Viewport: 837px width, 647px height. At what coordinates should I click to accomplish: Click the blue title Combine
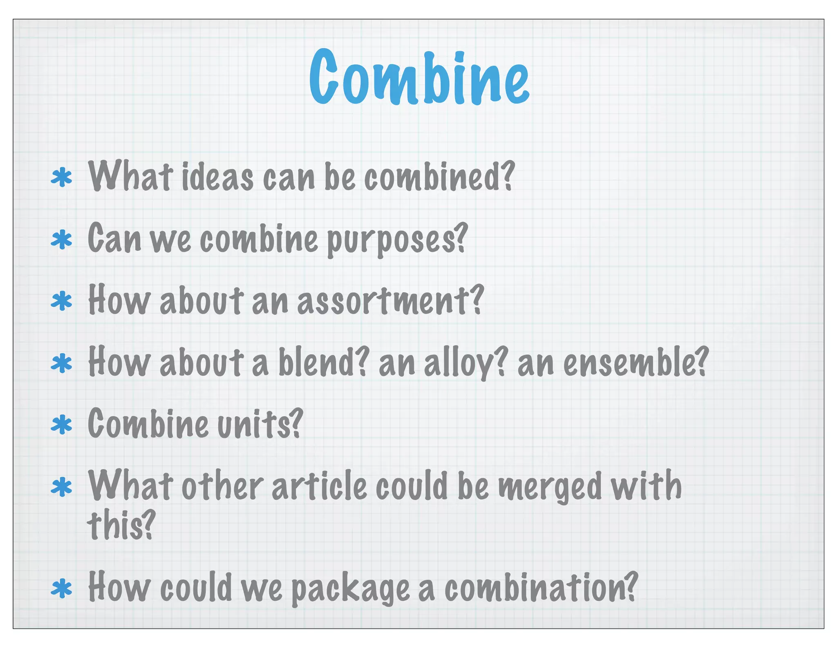coord(419,78)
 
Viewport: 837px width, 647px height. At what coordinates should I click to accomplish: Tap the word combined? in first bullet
coord(439,177)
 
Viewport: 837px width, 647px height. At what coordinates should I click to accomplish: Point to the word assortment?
coord(390,301)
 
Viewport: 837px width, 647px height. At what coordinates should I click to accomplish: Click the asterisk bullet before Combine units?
coord(61,425)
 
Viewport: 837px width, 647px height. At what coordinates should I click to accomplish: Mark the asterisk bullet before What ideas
coord(61,177)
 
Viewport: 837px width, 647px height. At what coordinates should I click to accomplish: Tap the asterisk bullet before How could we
coord(61,589)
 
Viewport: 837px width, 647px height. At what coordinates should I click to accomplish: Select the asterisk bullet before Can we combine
coord(61,240)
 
